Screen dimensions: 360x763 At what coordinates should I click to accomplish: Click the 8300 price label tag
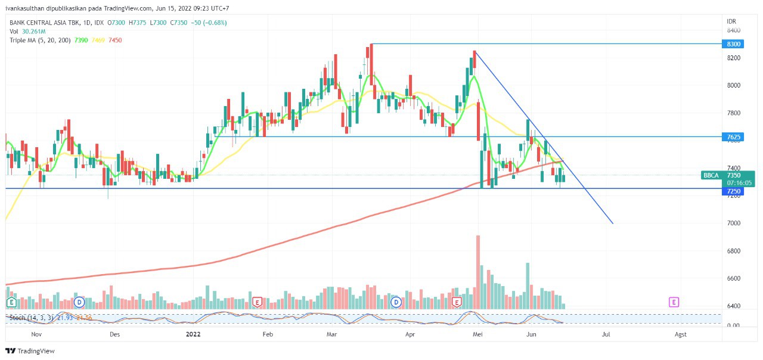(733, 44)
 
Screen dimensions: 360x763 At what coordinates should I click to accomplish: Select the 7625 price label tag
(733, 137)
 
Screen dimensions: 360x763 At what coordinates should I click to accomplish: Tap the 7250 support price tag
(733, 191)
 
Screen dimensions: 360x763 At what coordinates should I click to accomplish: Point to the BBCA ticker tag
(711, 175)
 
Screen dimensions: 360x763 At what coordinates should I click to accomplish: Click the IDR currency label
(731, 21)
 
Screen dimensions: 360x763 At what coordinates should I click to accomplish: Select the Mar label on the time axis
(331, 334)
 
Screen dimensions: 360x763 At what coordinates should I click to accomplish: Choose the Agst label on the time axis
(680, 334)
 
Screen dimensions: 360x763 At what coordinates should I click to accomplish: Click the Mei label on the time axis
(477, 334)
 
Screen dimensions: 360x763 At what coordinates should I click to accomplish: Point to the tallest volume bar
(478, 272)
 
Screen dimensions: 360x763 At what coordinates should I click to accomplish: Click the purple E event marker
(674, 302)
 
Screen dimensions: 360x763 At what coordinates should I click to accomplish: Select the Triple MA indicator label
(40, 40)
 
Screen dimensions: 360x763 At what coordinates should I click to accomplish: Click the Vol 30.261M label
(27, 31)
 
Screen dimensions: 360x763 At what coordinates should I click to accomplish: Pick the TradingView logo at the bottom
(30, 351)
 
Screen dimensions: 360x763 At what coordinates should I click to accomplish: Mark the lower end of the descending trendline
(612, 224)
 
